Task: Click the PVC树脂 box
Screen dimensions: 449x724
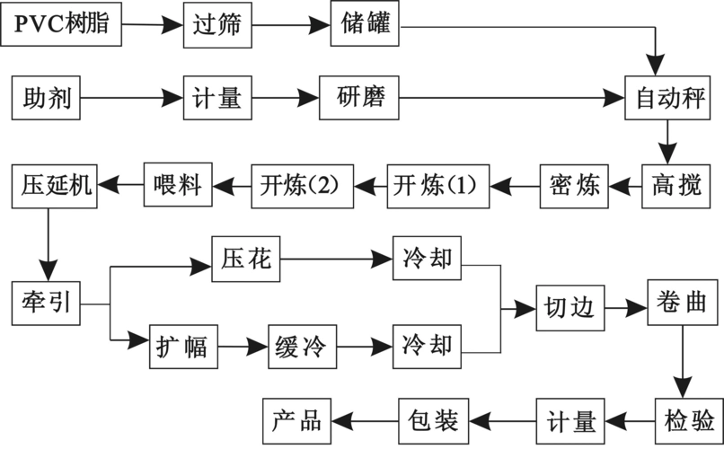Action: coord(61,24)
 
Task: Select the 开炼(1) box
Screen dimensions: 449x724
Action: coord(437,186)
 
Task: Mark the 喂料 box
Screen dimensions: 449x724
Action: coord(177,186)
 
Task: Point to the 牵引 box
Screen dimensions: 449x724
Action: coord(46,303)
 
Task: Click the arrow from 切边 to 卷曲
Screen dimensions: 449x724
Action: coord(625,305)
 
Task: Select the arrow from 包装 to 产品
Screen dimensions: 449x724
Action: coord(365,418)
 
